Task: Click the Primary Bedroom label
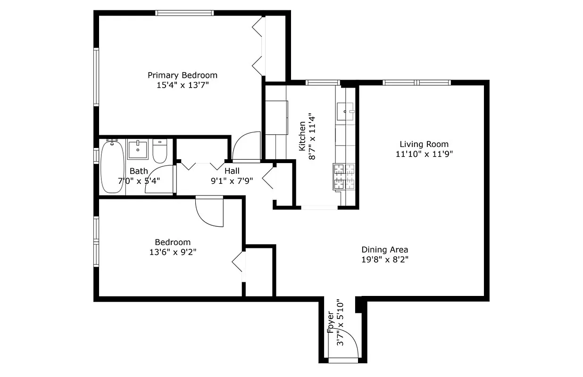click(183, 75)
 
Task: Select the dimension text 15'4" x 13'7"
click(183, 85)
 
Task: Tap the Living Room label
click(424, 144)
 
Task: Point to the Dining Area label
click(384, 250)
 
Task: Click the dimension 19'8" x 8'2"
click(384, 260)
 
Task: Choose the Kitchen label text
click(302, 137)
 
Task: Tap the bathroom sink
click(138, 149)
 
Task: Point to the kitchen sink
click(345, 111)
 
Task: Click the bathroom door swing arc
click(159, 180)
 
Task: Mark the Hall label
click(232, 171)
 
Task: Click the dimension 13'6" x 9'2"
click(173, 252)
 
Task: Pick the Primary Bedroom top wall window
click(184, 13)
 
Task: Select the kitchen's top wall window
click(323, 83)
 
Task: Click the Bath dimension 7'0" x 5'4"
click(139, 180)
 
